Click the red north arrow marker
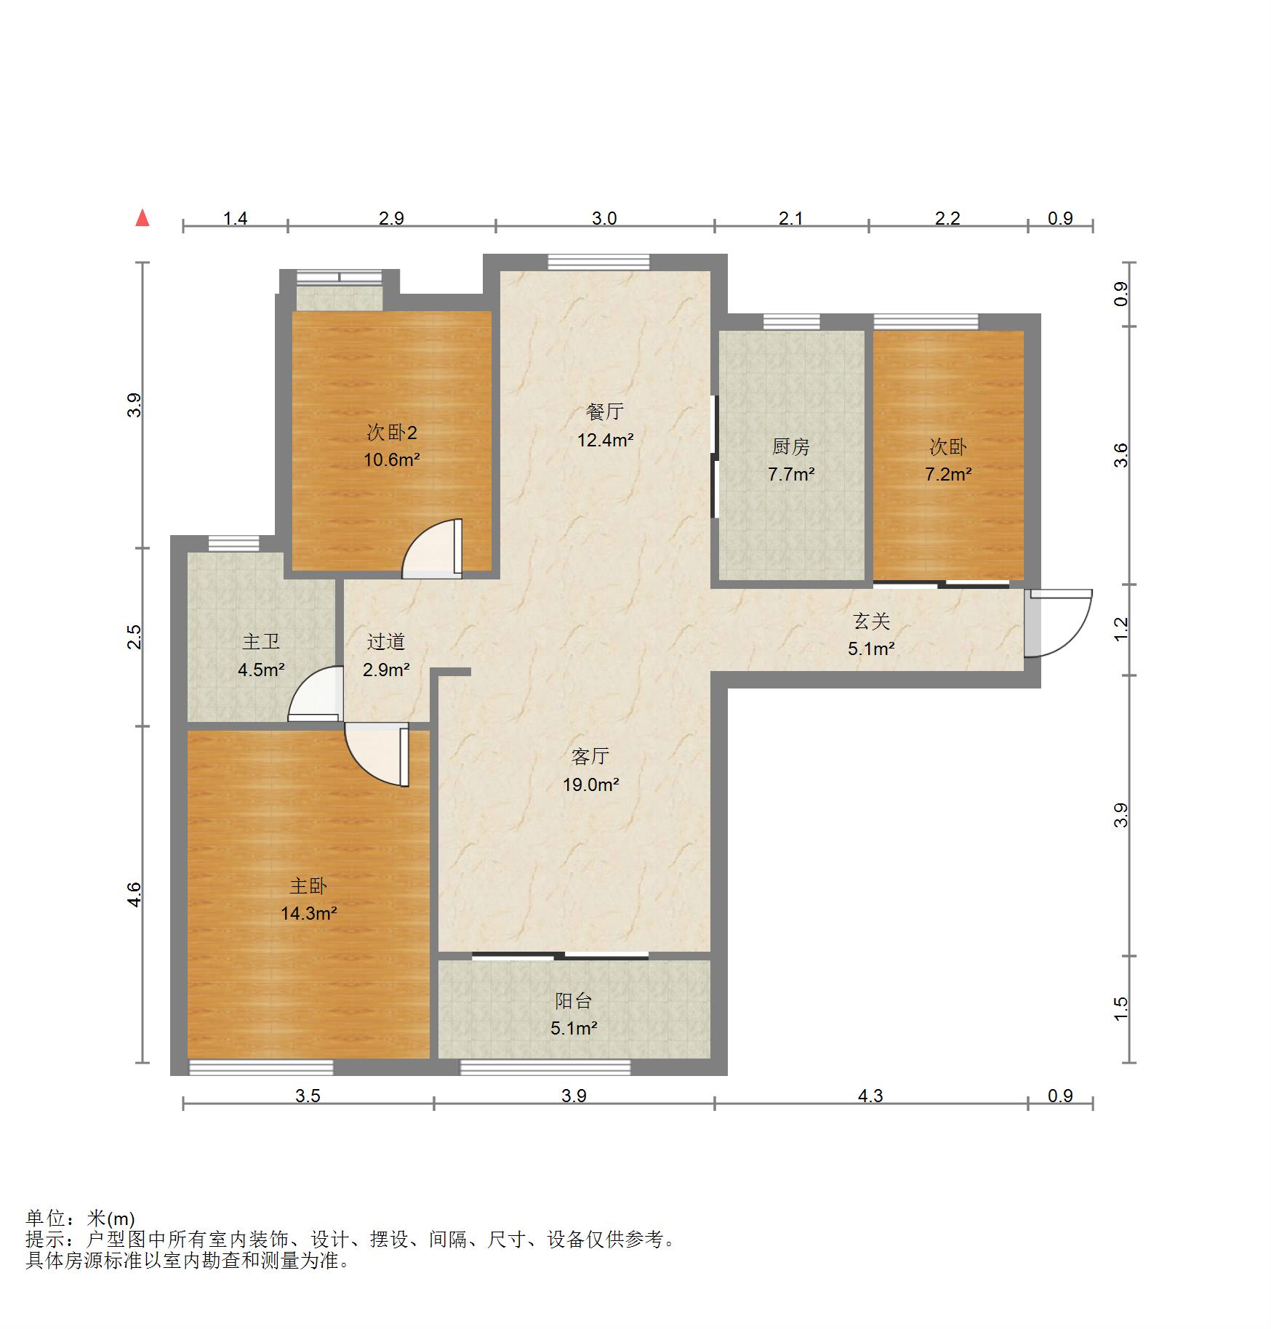(143, 218)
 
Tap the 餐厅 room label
(605, 411)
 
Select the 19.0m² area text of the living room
(590, 784)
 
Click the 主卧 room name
(308, 886)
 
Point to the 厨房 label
(791, 446)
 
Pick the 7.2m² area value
(948, 475)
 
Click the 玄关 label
(871, 621)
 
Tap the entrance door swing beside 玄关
(1059, 623)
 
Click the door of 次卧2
(432, 548)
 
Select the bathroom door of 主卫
(316, 694)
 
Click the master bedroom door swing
(377, 755)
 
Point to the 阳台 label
(574, 1000)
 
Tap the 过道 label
(385, 641)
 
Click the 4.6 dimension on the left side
(134, 894)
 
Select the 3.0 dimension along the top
(604, 218)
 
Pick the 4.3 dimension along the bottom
(870, 1096)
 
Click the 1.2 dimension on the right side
(1121, 628)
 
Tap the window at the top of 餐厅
(599, 262)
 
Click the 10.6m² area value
(392, 459)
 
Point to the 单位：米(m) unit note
(80, 1218)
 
